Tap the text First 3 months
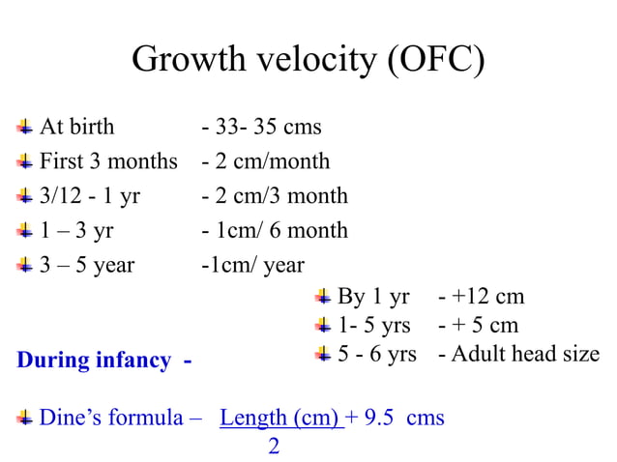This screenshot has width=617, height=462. coord(108,161)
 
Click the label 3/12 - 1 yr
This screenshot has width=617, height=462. coord(89,196)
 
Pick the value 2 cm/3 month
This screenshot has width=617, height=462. coord(279,196)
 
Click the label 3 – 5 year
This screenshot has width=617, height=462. coord(87,265)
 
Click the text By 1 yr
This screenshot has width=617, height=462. coord(373,297)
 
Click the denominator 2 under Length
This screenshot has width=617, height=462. coord(274,447)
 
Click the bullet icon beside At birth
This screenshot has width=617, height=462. coord(25,127)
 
